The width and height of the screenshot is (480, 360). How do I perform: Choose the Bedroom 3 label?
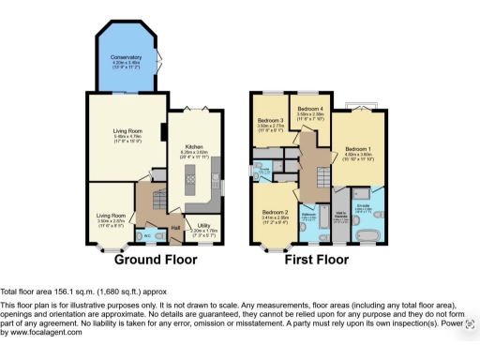pos(270,121)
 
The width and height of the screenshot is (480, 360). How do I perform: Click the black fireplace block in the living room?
pos(163,132)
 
